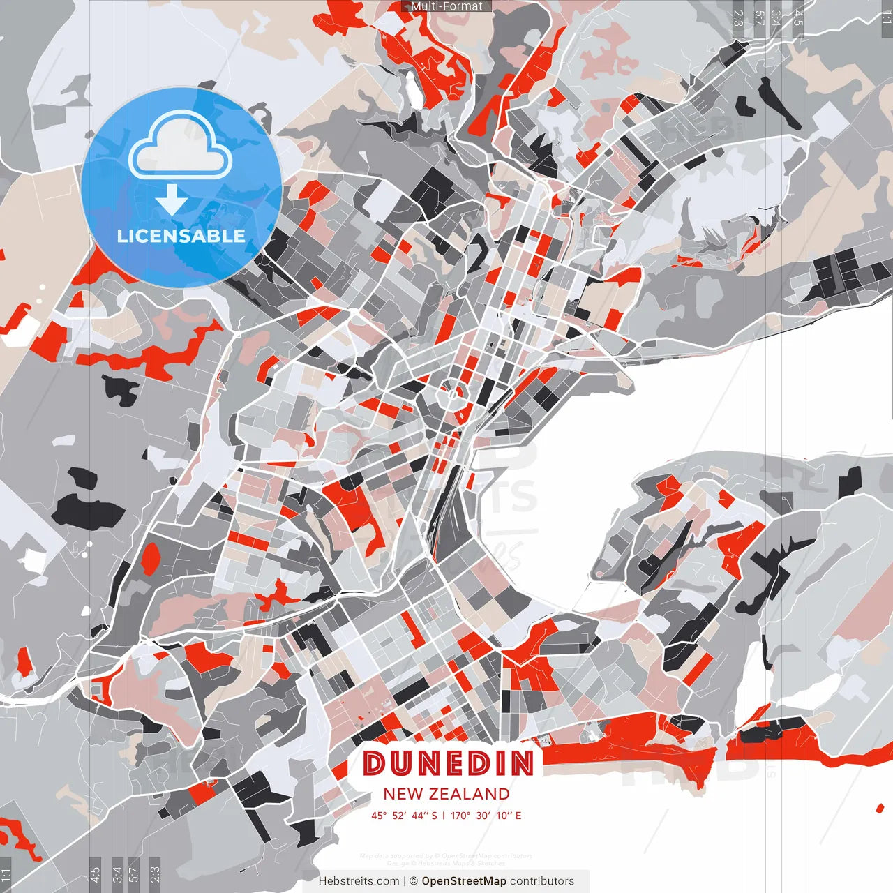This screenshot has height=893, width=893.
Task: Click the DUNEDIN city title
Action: click(448, 763)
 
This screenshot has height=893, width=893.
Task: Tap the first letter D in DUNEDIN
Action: click(375, 763)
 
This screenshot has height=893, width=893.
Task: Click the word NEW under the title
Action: click(402, 794)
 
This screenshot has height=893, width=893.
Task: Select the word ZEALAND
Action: click(469, 794)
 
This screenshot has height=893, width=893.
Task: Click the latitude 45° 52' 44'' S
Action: click(404, 816)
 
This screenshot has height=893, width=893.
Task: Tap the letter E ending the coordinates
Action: click(518, 816)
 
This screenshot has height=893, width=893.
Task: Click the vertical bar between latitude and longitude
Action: click(444, 816)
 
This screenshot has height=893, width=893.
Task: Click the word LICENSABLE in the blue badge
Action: click(181, 236)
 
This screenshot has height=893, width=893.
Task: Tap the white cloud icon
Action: click(180, 145)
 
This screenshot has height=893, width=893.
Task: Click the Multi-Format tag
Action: click(446, 6)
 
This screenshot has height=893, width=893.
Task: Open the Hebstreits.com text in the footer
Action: click(359, 881)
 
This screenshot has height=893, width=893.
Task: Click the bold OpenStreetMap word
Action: click(464, 881)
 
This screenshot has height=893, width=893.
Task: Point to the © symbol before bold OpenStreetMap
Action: click(414, 881)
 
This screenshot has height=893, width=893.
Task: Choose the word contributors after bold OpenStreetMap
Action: click(542, 881)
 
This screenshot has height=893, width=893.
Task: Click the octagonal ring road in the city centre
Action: click(451, 395)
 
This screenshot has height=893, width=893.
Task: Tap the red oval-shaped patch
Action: click(151, 559)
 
